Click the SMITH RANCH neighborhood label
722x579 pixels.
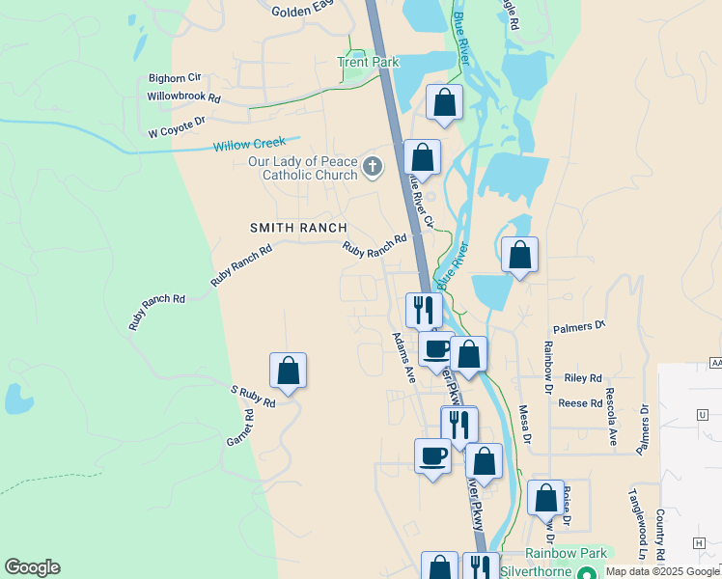point(298,227)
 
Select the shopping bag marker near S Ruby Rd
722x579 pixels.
point(288,370)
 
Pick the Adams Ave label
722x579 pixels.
point(403,358)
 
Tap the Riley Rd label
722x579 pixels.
point(583,378)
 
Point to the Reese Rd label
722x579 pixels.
point(580,402)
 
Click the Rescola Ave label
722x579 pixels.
point(610,416)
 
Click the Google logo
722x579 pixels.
point(32,567)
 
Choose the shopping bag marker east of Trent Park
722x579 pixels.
point(444,101)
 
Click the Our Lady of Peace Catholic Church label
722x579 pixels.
point(302,168)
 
